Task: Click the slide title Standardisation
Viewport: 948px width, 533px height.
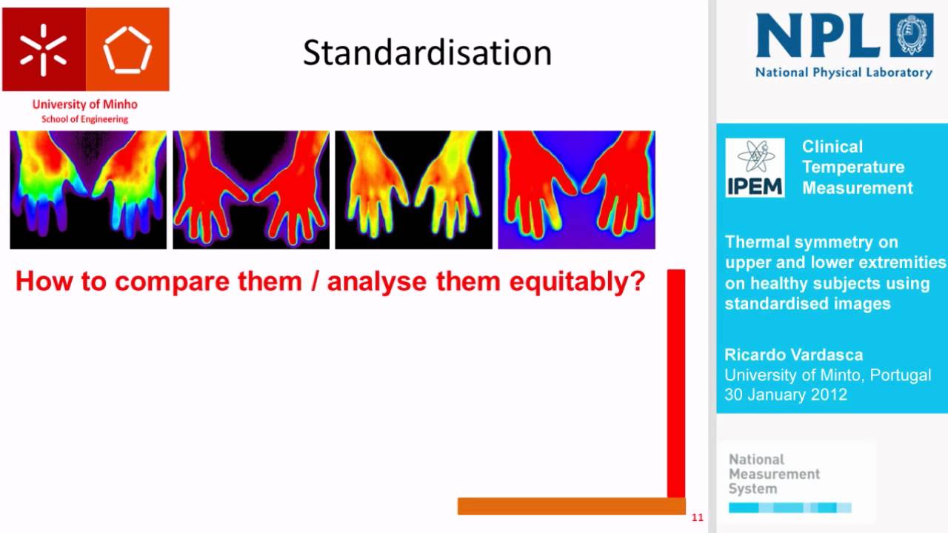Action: coord(427,53)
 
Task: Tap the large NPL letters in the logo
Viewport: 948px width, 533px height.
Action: coord(818,35)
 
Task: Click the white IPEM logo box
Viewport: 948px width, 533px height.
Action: coord(755,167)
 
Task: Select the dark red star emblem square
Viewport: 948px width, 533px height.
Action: coord(44,50)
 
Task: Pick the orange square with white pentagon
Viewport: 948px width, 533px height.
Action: coord(128,50)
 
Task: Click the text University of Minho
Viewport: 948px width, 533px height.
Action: coord(85,104)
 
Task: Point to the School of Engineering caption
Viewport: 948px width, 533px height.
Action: coord(84,119)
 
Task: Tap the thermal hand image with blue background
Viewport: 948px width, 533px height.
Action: coord(576,190)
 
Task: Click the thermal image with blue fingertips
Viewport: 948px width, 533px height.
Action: coord(88,190)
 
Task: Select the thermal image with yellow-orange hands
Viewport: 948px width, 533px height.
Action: coord(414,190)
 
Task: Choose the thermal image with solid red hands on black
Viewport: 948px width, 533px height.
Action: coord(251,190)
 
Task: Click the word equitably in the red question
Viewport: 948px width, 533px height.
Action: coord(577,282)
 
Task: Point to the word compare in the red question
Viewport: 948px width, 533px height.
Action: coord(170,283)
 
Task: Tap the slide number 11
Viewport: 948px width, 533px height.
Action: coord(698,517)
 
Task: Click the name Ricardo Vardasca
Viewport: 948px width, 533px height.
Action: coord(793,355)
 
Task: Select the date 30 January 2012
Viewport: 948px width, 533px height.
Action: coord(786,395)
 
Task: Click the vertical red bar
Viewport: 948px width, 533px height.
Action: coord(676,383)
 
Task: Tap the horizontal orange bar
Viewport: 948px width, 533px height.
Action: coord(572,506)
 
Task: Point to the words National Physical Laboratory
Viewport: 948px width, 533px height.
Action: coord(844,73)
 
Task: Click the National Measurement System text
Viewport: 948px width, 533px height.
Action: coord(774,474)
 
